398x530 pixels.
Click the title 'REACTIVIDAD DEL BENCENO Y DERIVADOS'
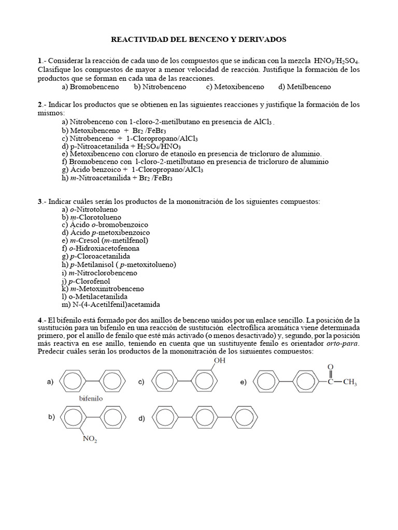point(199,39)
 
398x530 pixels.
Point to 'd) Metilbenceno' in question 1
point(304,87)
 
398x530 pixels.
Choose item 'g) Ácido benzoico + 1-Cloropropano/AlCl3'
point(132,170)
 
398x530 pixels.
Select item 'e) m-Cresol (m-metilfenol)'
point(105,241)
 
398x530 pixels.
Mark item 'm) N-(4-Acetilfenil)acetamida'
point(110,304)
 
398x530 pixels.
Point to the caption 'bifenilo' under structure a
point(91,399)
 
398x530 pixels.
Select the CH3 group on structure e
point(349,383)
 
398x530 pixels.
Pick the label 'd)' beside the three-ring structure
point(141,418)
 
